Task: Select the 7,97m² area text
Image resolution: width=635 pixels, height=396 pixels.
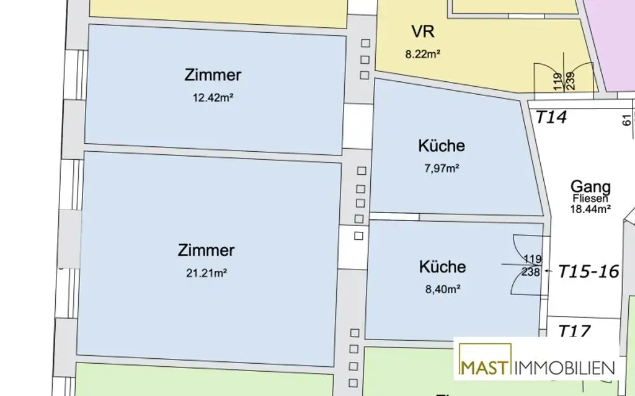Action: tap(442, 167)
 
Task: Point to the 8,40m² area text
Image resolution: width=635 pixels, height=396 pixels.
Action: tap(442, 288)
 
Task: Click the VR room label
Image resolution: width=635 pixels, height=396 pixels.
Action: tap(422, 32)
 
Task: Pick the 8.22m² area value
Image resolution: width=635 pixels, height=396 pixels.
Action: tap(422, 54)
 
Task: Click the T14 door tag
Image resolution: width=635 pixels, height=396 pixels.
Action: tap(551, 117)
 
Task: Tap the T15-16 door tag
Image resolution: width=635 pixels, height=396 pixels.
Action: tap(588, 271)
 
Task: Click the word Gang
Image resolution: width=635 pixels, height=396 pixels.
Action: tap(590, 187)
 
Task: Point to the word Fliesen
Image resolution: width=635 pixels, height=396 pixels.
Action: tap(590, 199)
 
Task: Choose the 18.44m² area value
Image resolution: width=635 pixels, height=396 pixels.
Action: tap(590, 209)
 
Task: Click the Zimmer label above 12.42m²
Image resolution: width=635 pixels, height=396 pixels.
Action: tap(212, 76)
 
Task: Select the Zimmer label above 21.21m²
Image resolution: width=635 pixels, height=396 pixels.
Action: tap(206, 250)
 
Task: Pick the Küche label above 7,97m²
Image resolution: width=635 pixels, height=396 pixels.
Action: tap(442, 146)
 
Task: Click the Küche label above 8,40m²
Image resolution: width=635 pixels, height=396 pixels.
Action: tap(442, 266)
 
